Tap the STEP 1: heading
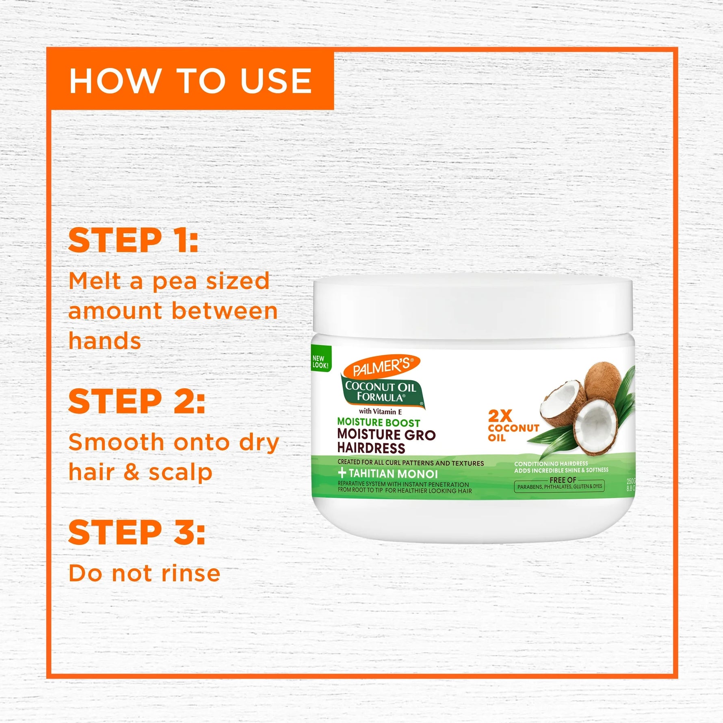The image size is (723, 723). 133,240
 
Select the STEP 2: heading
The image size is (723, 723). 136,401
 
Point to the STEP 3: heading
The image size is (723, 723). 136,533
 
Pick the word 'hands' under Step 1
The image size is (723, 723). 105,340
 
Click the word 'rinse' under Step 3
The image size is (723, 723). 191,573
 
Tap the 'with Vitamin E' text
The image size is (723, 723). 380,411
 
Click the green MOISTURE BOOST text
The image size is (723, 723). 379,422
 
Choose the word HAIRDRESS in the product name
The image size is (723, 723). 371,448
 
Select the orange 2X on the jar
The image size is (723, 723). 500,416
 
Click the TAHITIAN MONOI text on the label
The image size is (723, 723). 393,474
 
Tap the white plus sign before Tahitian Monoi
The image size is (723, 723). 342,473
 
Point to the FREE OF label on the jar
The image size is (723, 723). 563,480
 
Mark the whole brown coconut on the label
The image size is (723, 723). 604,382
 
